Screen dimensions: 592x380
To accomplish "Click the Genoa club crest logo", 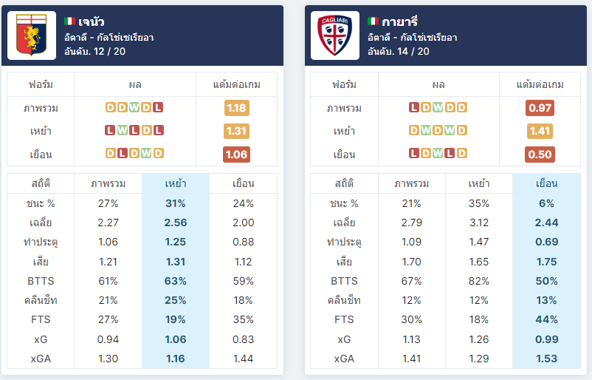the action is click(31, 35).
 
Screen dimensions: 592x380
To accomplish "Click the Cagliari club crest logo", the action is click(335, 35).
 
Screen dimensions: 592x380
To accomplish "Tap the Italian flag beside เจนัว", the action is click(69, 21).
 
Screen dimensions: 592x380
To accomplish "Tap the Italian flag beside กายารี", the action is click(373, 21).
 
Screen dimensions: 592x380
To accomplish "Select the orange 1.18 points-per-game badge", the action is click(237, 108).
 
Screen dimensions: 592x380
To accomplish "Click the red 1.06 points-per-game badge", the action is click(237, 155).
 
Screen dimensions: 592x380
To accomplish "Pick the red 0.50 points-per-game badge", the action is click(540, 155).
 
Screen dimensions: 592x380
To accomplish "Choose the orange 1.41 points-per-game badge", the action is click(540, 131).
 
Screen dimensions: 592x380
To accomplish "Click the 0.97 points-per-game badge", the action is click(540, 108).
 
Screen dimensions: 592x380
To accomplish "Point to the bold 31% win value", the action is click(176, 203).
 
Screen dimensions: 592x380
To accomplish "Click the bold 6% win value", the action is click(547, 203).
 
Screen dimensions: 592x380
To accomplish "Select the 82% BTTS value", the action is click(479, 281).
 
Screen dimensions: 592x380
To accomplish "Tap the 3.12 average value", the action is click(479, 223).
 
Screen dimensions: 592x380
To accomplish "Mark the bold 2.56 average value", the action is click(176, 223).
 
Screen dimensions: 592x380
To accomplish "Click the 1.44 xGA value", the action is click(243, 359).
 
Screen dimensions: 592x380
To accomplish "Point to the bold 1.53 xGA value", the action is click(547, 359).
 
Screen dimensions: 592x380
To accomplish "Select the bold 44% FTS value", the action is click(547, 319).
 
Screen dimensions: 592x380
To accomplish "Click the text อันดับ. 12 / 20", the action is click(94, 52).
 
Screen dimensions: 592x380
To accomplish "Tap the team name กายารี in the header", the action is click(400, 21).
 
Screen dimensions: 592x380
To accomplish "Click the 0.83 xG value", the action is click(243, 339).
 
